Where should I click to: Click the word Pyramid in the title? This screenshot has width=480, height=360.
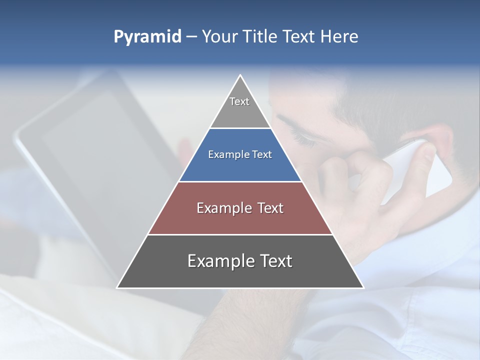(x=147, y=37)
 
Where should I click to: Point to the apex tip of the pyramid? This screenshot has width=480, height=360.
(x=240, y=76)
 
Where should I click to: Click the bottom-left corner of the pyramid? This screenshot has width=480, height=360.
(x=118, y=287)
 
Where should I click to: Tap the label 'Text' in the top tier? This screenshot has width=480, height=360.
(x=239, y=101)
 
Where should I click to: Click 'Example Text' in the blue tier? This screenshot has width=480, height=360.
(x=240, y=154)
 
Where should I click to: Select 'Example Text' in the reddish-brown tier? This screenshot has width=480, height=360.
(x=240, y=208)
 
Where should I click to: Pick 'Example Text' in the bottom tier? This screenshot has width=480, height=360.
(x=240, y=261)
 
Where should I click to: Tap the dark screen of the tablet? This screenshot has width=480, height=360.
(x=100, y=150)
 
